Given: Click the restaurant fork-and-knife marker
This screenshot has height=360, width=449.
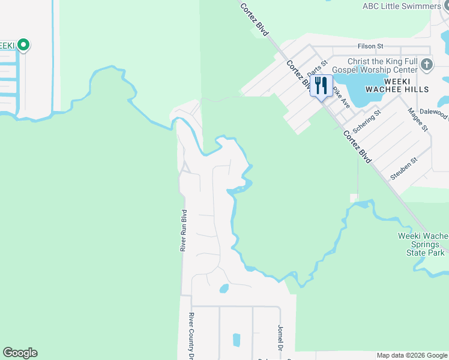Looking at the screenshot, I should point(321,85).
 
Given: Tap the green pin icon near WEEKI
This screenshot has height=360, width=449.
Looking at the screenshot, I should point(23,44).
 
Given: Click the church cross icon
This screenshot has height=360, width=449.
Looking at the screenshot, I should point(426,64).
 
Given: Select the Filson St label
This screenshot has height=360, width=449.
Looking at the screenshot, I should point(370,46).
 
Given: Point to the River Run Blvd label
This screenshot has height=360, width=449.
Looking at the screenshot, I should point(184,230).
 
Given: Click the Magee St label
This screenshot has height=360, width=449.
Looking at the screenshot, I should point(417,119).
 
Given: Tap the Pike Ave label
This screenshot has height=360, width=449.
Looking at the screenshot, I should point(342,96).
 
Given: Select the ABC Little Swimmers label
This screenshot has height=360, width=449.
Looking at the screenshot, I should point(402,6).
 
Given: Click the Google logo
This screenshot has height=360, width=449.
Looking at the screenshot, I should point(20,353).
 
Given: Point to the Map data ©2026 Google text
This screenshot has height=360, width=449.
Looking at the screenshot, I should point(412,355).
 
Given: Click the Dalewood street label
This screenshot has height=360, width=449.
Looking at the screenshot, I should point(435,113).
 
